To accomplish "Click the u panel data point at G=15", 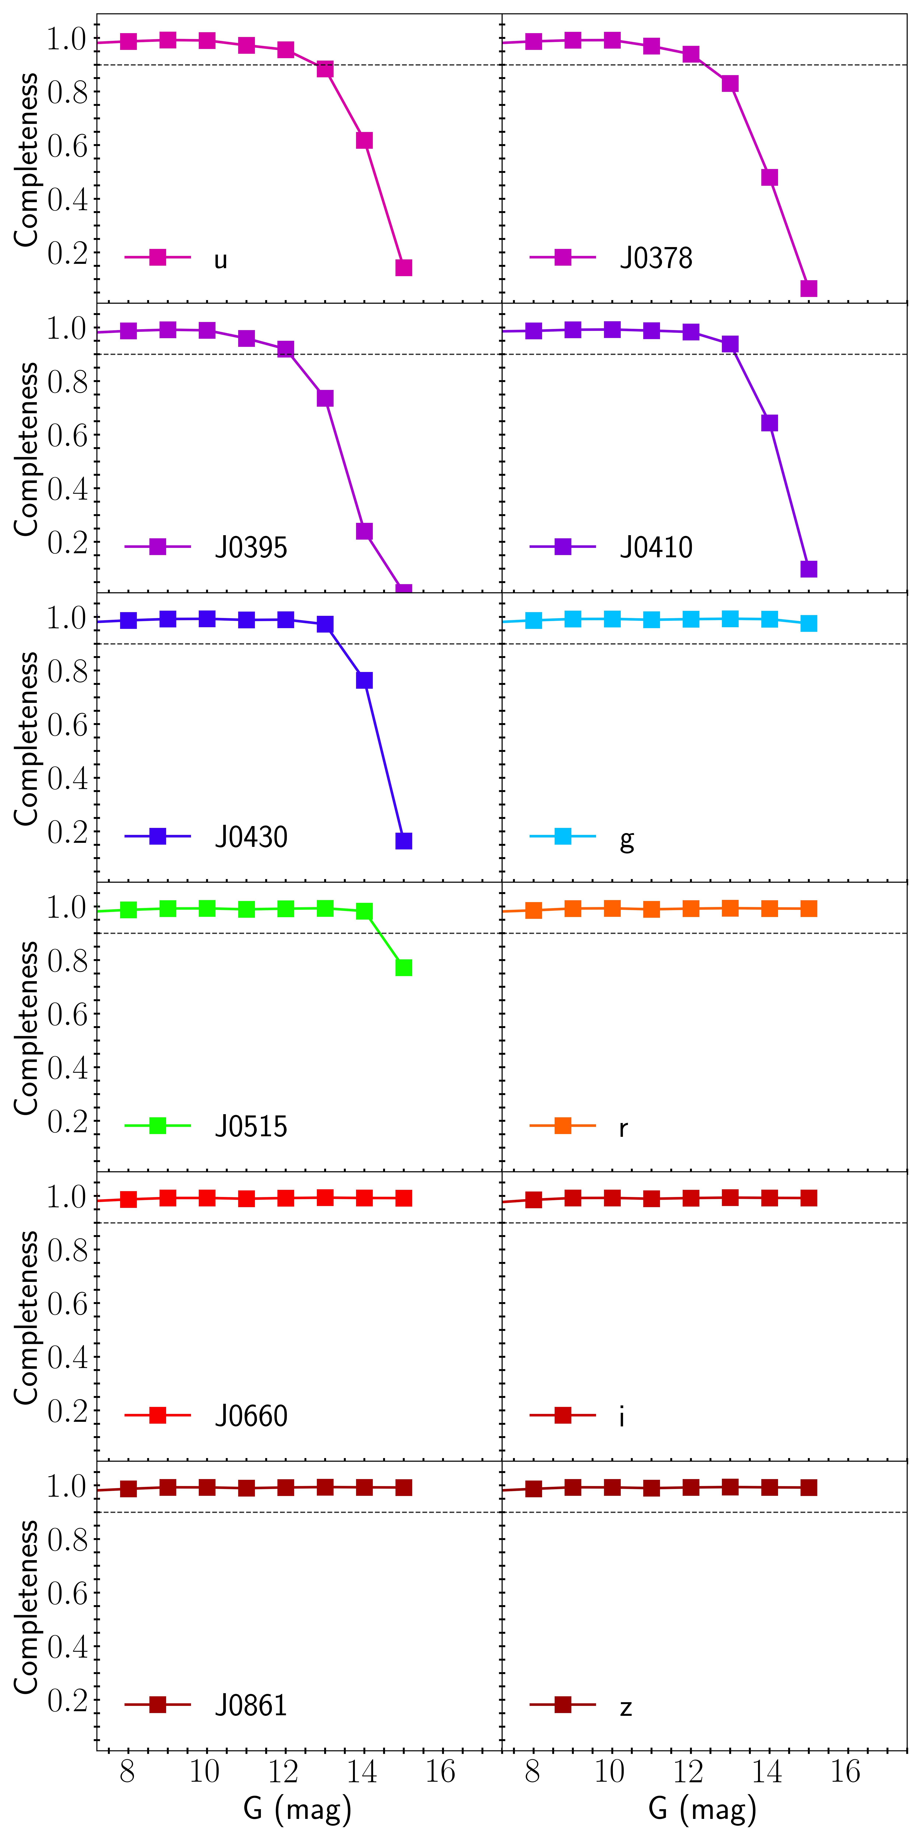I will pyautogui.click(x=403, y=267).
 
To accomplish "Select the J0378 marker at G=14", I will pyautogui.click(x=769, y=177).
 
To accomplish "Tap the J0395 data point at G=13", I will pyautogui.click(x=325, y=398).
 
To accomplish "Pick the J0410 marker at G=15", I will pyautogui.click(x=809, y=569).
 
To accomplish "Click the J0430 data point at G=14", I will pyautogui.click(x=364, y=680).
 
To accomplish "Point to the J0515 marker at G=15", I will pyautogui.click(x=403, y=968).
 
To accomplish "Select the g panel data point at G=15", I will pyautogui.click(x=809, y=623).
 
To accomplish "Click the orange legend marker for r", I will pyautogui.click(x=563, y=1126).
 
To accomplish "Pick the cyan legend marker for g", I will pyautogui.click(x=563, y=836).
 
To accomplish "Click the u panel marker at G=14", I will pyautogui.click(x=364, y=140).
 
